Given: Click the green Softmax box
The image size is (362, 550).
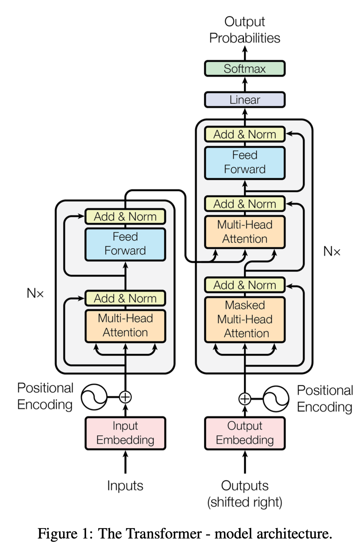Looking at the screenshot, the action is point(245,68).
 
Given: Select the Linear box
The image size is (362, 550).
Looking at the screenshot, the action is point(245,99).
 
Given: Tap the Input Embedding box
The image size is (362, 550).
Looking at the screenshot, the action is point(125,433).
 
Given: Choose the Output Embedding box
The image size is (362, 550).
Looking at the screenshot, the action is point(245,433).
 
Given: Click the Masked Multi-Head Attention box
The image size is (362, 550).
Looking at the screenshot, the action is point(245,319).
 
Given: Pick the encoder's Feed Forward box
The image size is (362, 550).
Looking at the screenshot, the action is point(125,244).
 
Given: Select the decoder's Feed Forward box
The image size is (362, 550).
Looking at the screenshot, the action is point(245,163).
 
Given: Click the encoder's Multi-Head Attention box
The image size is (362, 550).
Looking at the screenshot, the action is point(125,326).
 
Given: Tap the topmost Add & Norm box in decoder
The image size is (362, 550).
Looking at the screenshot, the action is point(245,134).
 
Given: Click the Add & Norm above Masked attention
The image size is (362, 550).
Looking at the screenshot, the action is point(245,285).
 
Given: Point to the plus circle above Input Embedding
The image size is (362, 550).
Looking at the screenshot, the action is point(125,397).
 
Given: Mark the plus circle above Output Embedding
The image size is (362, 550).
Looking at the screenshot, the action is point(245,399).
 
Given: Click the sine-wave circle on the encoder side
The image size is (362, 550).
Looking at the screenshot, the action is point(94,397).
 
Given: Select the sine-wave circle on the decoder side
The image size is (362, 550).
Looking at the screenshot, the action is point(276,399).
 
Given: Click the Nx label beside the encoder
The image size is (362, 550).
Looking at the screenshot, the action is point(35,293).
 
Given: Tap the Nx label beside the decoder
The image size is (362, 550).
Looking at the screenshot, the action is point(332,251).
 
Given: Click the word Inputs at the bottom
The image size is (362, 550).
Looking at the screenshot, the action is point(125,486).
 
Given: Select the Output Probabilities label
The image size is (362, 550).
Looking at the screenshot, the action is point(245,30).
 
